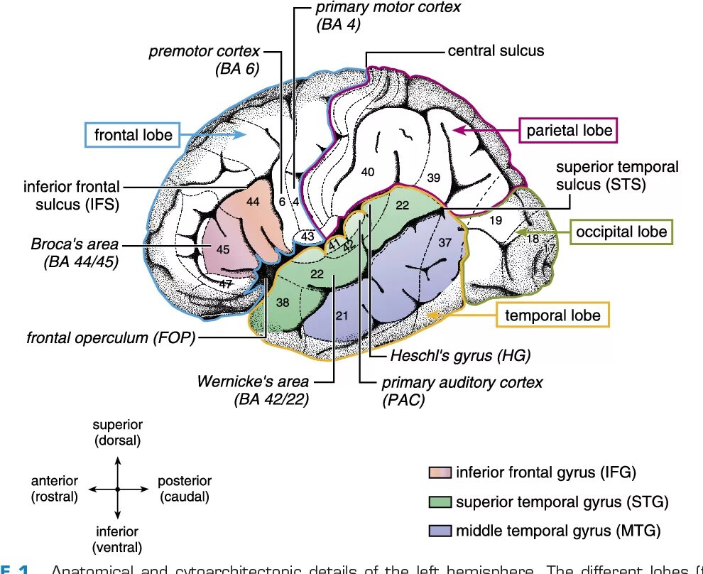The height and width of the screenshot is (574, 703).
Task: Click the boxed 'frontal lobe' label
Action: point(133,134)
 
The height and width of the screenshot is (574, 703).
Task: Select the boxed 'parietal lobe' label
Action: point(570,131)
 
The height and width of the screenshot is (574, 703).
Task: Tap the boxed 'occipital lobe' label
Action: point(621,232)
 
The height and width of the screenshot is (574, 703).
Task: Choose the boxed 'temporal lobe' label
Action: point(552,315)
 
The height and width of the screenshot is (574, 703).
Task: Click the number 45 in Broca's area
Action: point(223,249)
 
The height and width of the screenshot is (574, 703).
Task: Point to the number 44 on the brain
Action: point(254,202)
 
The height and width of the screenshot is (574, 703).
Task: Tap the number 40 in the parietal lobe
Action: point(367,172)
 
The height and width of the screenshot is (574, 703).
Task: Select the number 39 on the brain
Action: point(434,178)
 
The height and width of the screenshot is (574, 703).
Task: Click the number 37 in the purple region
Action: point(445,243)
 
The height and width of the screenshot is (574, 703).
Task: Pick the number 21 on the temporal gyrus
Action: point(342,315)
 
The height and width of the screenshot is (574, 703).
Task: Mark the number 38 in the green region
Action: point(283,302)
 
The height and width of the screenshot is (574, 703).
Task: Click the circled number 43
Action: point(307,236)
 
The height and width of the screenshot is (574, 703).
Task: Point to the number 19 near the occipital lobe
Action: point(496,221)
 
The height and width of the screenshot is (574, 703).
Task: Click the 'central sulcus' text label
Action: point(496,51)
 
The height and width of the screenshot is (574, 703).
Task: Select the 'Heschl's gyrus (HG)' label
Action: point(460,354)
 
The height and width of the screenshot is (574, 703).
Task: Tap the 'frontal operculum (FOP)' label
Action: point(111,337)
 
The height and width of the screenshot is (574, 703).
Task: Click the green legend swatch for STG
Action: point(440,502)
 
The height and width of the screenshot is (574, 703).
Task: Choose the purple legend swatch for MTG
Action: point(440,531)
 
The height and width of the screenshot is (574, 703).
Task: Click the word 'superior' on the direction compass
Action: point(118,425)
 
